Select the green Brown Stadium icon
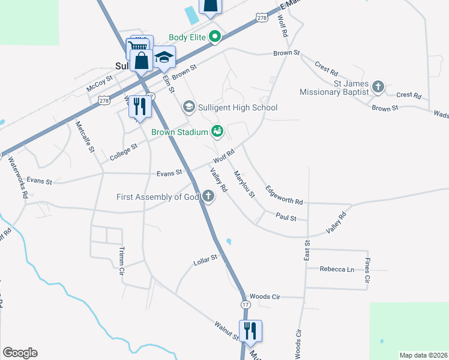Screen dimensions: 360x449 click(217, 131)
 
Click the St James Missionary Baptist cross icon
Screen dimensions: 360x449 click(378, 86)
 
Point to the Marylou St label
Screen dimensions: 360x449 click(245, 184)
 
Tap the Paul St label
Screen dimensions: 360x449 click(286, 217)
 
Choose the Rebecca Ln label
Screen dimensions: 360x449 click(337, 269)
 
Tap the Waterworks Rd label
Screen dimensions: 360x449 click(18, 178)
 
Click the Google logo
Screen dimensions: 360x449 click(20, 353)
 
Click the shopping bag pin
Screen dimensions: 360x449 click(142, 61)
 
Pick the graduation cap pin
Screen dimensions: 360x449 click(163, 58)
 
